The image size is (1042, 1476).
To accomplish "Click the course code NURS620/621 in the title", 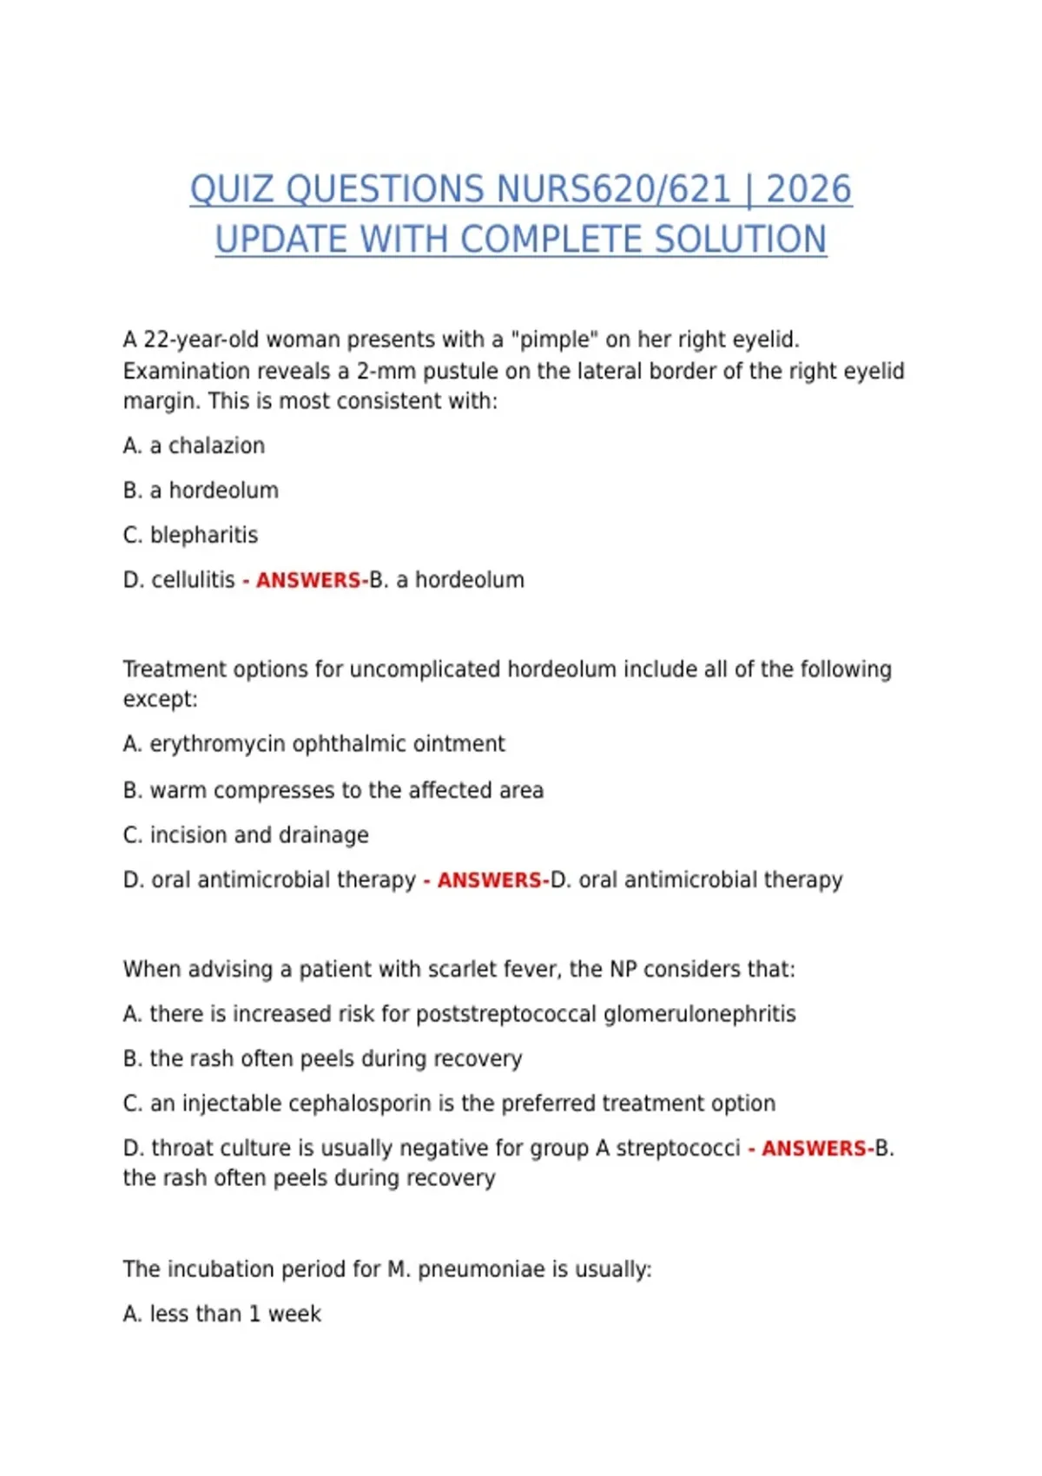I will pos(613,190).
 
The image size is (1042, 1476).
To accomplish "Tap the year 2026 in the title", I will pos(808,190).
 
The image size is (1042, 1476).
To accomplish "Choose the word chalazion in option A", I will pos(216,446).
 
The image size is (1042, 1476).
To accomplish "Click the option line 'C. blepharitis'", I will pos(190,535).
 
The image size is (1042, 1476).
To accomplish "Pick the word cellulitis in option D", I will pos(193,580).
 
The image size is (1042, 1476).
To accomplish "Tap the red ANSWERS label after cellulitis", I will pos(308,580).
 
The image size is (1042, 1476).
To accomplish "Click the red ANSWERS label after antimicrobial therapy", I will pos(490,880).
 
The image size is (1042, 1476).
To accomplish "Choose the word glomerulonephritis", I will pos(699,1014).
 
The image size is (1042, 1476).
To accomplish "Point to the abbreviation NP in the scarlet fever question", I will pos(623,969).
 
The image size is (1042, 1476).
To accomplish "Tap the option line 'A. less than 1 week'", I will pos(221,1315).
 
